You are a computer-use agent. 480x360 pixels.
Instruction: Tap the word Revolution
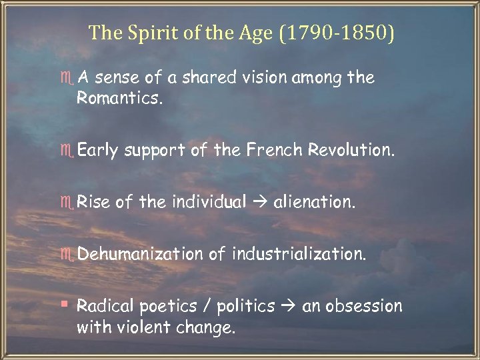click(x=351, y=151)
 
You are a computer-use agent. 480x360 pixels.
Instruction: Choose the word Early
click(x=97, y=151)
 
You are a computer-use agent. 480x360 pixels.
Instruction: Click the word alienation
click(x=315, y=202)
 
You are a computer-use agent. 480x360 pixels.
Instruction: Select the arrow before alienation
click(x=259, y=202)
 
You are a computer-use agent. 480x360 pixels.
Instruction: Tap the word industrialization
click(x=299, y=254)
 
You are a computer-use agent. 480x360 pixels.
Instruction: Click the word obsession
click(x=363, y=306)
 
